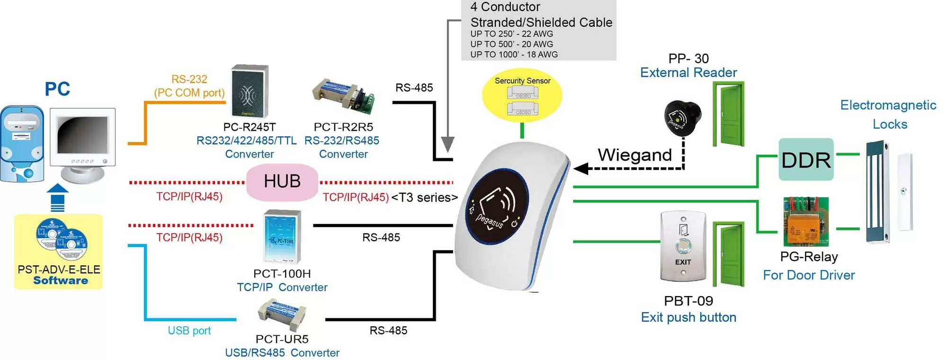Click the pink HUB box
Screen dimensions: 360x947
tap(282, 182)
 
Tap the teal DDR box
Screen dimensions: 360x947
tap(806, 160)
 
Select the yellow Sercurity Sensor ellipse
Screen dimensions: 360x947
tap(522, 96)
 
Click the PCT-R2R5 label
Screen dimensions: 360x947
tap(343, 127)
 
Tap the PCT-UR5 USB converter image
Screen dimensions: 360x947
tap(282, 314)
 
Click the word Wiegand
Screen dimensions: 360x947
tap(634, 155)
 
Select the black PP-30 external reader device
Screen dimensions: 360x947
tap(682, 116)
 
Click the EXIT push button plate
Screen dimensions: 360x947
tap(683, 247)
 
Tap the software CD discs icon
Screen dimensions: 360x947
tap(62, 239)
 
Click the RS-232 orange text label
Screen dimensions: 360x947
tap(189, 79)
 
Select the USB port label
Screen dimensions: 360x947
tap(189, 331)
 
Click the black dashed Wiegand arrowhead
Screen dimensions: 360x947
tap(581, 168)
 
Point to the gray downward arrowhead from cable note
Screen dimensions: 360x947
tap(447, 144)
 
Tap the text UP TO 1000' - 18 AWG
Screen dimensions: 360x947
tap(514, 54)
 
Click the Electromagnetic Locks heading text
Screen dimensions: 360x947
tap(888, 114)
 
